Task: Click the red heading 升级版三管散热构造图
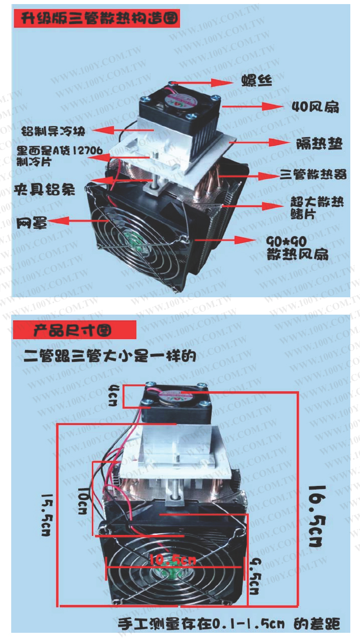99,19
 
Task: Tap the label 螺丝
257,81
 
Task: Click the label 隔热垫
319,145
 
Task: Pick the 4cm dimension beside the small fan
114,394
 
